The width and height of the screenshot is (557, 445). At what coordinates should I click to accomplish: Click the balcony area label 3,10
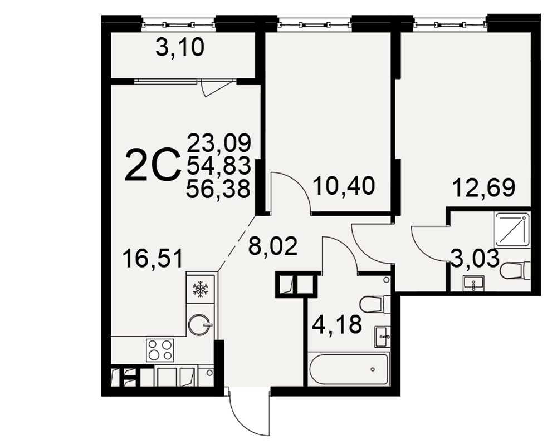pos(180,48)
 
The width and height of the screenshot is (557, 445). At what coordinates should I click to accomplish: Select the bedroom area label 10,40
pos(344,186)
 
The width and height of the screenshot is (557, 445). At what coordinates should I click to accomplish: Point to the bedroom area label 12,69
pos(484,187)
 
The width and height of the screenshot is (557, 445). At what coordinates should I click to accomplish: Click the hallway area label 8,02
pos(273,246)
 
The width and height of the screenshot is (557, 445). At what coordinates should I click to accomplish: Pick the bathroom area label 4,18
pos(337,324)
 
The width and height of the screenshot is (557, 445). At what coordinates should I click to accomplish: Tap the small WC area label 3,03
pos(475,258)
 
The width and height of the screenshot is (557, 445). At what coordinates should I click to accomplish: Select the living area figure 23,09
pos(219,143)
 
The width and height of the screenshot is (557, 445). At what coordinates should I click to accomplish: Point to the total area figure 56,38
pos(218,189)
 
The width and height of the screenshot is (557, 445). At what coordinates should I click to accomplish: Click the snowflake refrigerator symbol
pos(201,289)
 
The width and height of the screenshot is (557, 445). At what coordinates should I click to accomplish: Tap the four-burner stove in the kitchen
pos(160,350)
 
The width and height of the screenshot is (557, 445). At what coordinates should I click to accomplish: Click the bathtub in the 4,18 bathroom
pos(349,369)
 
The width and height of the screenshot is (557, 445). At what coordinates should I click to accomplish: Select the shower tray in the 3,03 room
pos(512,228)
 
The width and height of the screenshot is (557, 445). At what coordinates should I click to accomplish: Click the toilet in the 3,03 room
pos(515,271)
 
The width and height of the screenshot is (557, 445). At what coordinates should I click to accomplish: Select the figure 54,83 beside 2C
pos(219,166)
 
